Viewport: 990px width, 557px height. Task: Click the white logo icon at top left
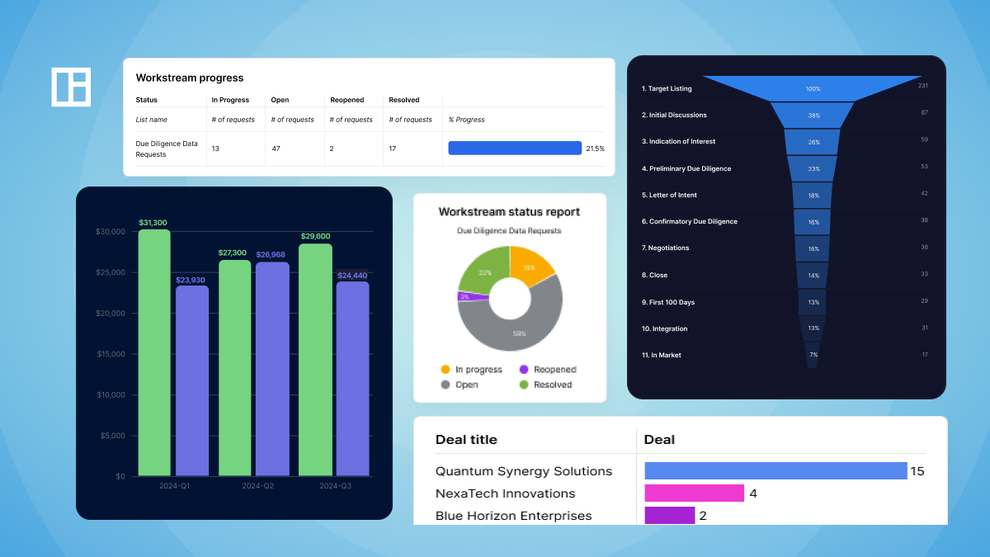click(x=71, y=87)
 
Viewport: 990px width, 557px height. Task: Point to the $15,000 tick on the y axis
click(x=109, y=354)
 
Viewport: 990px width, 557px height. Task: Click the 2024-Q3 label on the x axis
click(x=336, y=486)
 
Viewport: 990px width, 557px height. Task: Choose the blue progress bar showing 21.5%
click(x=515, y=149)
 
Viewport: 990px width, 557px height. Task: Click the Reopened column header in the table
click(x=347, y=100)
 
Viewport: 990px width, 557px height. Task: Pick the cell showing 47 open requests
click(x=277, y=149)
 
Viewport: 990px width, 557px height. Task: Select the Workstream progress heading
click(x=190, y=78)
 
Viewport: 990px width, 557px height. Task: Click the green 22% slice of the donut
click(x=483, y=271)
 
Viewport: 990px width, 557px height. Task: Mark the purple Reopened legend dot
click(x=523, y=370)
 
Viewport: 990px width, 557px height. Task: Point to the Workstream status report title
click(x=509, y=212)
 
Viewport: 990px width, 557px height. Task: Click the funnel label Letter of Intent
click(x=669, y=195)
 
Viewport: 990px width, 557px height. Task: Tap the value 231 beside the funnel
click(x=923, y=85)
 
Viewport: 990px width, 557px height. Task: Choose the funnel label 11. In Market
click(x=662, y=355)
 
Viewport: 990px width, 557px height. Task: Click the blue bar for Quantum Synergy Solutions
click(x=775, y=471)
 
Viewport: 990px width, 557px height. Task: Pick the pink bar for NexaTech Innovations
click(x=694, y=493)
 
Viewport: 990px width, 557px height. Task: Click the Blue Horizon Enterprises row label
click(x=514, y=516)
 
